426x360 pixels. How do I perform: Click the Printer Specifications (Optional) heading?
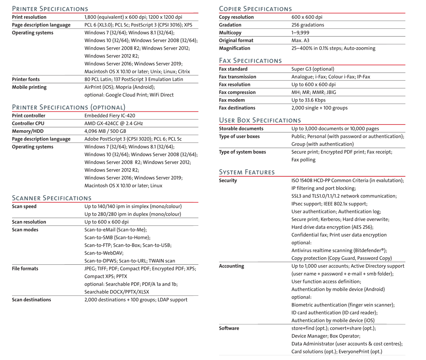point(68,107)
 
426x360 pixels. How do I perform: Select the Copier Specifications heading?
point(255,8)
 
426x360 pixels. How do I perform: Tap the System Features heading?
point(247,172)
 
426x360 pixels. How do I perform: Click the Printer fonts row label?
point(26,79)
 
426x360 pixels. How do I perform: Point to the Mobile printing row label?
point(29,87)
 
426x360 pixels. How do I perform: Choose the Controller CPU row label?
point(28,123)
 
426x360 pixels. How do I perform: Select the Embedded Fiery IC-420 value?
point(110,116)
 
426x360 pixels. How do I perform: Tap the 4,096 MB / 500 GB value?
point(105,131)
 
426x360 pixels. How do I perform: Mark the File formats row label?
point(25,269)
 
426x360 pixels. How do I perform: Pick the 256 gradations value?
point(308,25)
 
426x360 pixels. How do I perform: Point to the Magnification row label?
point(235,48)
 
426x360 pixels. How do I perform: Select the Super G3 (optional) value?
point(313,69)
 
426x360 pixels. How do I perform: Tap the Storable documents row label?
point(241,128)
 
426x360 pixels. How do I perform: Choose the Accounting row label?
point(231,266)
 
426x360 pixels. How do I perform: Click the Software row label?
point(229,328)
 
